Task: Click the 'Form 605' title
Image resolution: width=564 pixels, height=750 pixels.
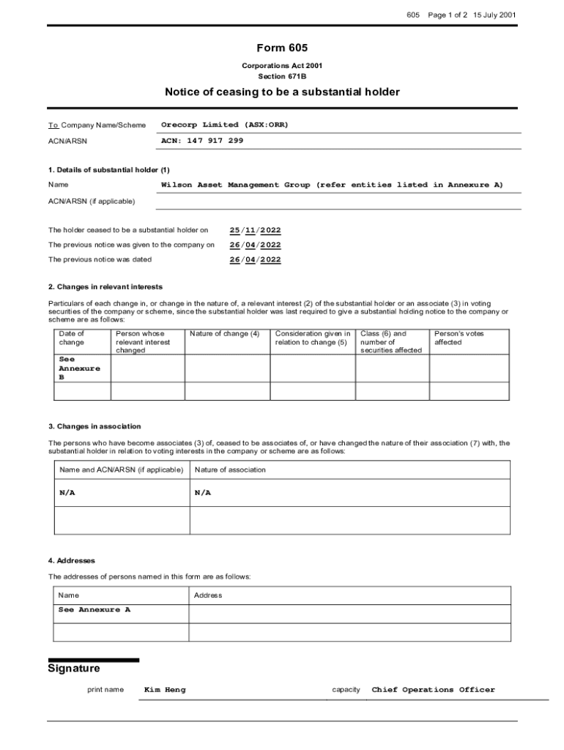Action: [x=282, y=48]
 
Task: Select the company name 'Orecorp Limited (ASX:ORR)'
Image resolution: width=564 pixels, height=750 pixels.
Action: [x=225, y=125]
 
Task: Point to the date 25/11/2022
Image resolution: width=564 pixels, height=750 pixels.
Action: [x=255, y=230]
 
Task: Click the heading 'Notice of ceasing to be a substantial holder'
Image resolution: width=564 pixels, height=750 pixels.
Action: [x=282, y=92]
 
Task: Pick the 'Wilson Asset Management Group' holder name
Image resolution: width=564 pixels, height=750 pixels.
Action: [x=235, y=185]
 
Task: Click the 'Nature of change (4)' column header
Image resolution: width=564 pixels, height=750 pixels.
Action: [x=224, y=334]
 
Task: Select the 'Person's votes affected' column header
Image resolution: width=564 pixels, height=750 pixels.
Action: [x=459, y=338]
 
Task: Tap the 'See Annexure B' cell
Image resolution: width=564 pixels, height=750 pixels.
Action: [x=79, y=368]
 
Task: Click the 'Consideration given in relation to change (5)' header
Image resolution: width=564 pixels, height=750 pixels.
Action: [x=313, y=338]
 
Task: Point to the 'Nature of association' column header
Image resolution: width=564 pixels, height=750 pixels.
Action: [x=230, y=469]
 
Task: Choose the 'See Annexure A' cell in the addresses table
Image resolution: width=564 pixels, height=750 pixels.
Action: [x=94, y=609]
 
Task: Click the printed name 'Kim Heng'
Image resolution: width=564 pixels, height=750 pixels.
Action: [x=165, y=689]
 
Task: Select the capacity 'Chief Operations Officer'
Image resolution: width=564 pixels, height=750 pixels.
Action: [x=434, y=689]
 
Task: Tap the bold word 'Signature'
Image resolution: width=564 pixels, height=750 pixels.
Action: [x=74, y=669]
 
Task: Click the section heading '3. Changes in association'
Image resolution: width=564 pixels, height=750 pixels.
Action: [x=94, y=426]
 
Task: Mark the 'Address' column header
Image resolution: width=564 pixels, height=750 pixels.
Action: [x=208, y=595]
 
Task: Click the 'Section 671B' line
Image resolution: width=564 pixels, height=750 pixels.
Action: [x=282, y=76]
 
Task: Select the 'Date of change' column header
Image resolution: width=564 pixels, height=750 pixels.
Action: [x=72, y=338]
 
